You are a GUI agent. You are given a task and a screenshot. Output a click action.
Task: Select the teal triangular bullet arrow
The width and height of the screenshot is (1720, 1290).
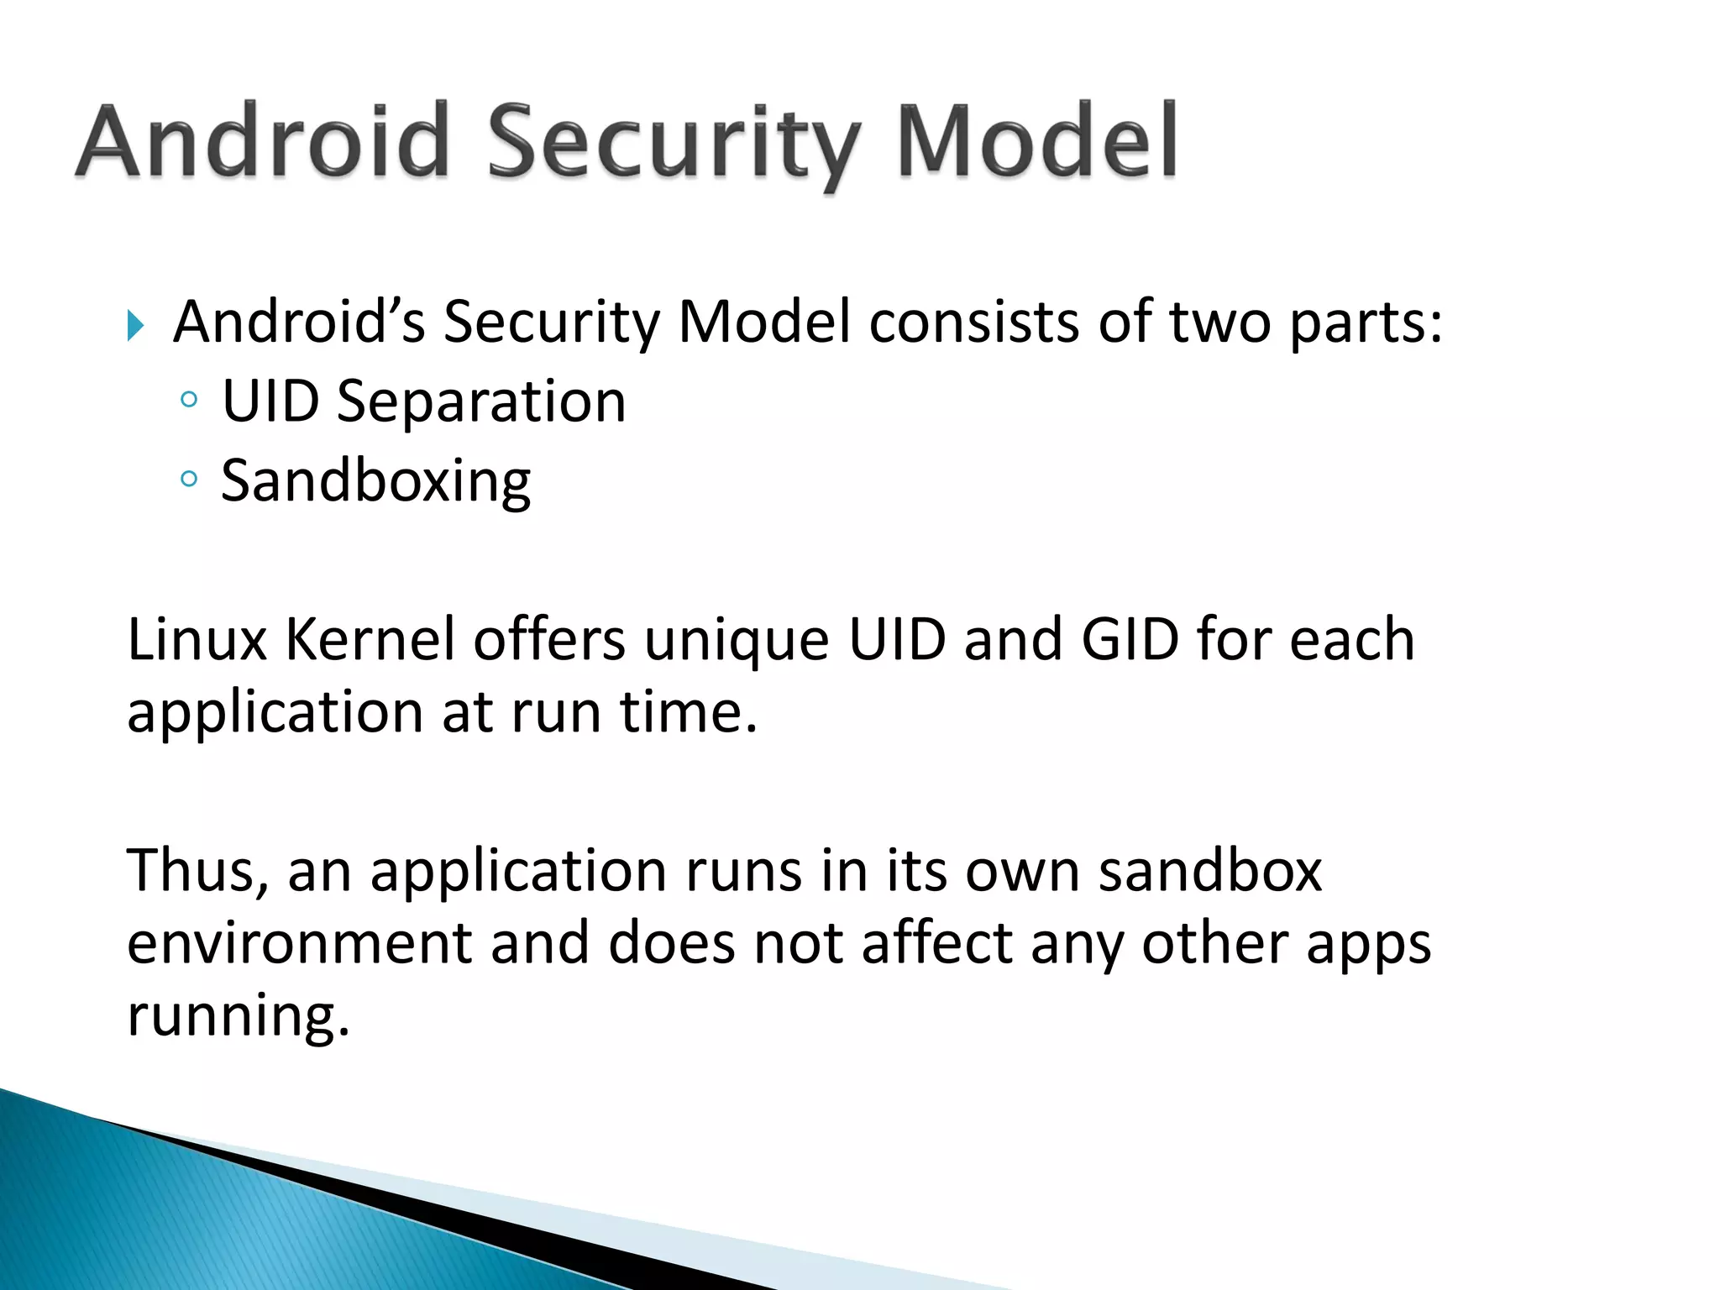point(136,325)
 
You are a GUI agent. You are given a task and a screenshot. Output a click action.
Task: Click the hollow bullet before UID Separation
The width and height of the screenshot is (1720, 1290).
point(189,401)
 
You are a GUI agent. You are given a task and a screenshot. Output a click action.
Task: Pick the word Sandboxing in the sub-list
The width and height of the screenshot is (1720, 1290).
point(375,482)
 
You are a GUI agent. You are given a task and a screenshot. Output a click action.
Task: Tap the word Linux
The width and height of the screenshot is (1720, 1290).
point(197,640)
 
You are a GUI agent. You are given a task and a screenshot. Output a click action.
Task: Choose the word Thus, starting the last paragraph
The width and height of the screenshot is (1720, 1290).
point(198,871)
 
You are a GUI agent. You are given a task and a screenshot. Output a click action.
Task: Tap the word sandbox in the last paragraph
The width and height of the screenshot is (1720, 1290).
point(1210,871)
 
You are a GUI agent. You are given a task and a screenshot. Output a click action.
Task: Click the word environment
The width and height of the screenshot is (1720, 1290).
point(299,943)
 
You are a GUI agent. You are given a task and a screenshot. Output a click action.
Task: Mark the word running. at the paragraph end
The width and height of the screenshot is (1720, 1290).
point(238,1016)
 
